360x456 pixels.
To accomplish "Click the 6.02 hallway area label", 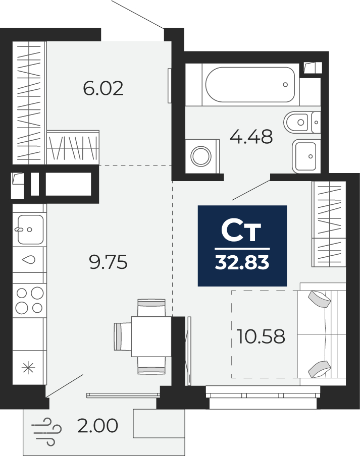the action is (104, 88).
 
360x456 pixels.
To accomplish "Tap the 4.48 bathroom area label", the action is (251, 137).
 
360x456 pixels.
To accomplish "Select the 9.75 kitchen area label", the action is (108, 262).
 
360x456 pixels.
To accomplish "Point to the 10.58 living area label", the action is (261, 336).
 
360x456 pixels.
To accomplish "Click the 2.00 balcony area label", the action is (98, 425).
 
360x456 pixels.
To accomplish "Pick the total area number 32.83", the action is (242, 263).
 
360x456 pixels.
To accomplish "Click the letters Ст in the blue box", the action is (241, 231).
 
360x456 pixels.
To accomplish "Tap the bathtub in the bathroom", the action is (250, 85).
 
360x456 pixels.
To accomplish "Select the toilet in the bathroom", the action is (302, 122).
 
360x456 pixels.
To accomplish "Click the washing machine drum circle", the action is (201, 156).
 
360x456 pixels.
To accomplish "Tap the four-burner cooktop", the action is (29, 300).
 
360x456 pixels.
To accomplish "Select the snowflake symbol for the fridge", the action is (28, 368).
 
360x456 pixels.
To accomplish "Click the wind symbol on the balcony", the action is (46, 432).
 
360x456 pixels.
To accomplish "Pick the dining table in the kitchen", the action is (151, 336).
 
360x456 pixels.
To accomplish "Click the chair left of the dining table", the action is (123, 336).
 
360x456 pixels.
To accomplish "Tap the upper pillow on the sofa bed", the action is (319, 299).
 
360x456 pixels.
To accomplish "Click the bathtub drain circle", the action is (285, 85).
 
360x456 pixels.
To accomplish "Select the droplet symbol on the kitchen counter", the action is (28, 260).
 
